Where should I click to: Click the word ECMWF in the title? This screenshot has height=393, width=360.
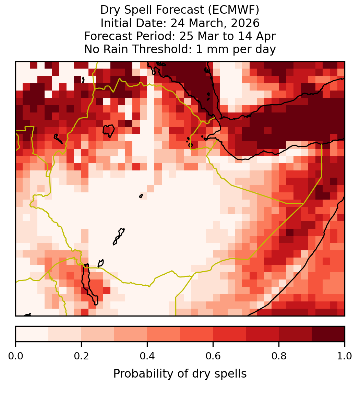tap(235, 10)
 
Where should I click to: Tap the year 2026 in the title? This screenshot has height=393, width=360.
tap(245, 23)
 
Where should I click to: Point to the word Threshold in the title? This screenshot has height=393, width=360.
tap(162, 49)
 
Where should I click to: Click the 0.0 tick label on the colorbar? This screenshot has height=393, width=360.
tap(16, 356)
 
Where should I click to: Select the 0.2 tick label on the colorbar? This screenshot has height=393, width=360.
tap(81, 356)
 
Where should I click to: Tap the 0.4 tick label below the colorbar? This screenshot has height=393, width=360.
tap(147, 356)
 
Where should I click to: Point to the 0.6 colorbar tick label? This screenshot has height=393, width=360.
tap(213, 356)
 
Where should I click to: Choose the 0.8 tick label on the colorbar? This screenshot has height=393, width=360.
tap(279, 356)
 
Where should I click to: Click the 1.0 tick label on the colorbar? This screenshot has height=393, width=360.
tap(345, 356)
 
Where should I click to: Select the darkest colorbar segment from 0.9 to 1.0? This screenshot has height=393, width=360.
tap(328, 334)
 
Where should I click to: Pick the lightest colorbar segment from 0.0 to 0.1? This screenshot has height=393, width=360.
tap(32, 334)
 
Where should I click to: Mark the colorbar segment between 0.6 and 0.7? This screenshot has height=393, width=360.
tap(229, 334)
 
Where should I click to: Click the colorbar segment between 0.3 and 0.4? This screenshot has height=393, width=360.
tap(131, 334)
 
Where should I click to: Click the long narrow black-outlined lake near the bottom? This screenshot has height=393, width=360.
tap(89, 283)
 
